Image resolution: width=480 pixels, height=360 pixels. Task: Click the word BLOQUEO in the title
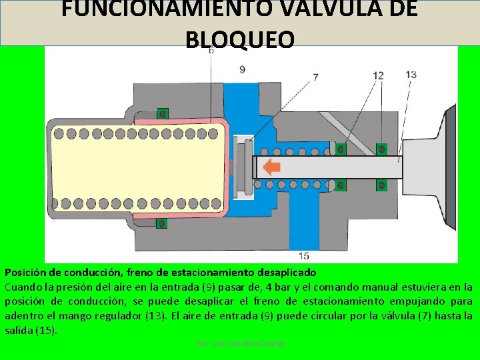point(239,40)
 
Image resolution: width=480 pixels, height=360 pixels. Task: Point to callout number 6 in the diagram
point(211,51)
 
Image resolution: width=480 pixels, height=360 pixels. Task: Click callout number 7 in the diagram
point(315,77)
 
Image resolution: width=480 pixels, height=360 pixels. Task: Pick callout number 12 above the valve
point(378,76)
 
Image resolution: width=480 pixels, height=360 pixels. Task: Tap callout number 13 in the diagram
point(411,75)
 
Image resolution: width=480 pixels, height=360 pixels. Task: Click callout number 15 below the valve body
point(303,255)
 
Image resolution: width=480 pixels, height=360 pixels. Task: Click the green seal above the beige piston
point(161,114)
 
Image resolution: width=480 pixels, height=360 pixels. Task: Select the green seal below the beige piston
point(161,223)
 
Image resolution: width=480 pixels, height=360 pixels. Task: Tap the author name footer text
point(241,343)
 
